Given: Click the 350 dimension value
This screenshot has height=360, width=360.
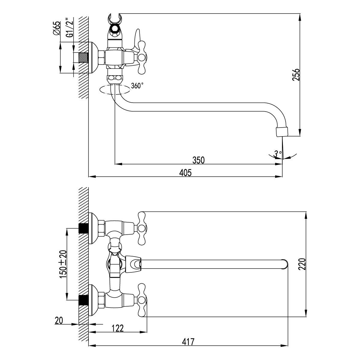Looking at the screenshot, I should tap(198, 160).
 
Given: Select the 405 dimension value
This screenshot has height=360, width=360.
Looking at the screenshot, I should tap(185, 172).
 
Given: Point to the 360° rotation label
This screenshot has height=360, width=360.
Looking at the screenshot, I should tap(137, 86).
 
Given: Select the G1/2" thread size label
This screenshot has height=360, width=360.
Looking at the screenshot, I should tap(70, 28).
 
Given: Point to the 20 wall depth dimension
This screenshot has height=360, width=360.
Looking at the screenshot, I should tap(59, 321).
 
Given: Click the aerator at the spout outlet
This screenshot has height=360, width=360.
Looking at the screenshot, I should tap(281, 131).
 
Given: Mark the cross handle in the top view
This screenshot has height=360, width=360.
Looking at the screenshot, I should tap(141, 57).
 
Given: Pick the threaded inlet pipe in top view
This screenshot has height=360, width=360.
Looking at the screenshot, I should tap(84, 58).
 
